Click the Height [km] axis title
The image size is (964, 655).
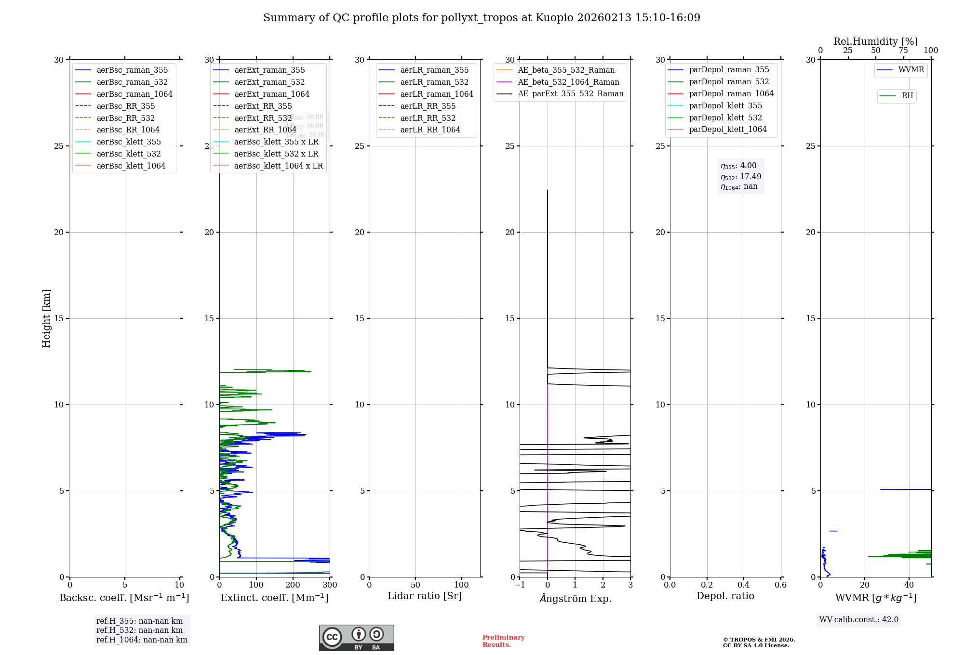point(46,318)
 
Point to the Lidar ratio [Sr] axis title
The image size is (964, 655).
point(425,596)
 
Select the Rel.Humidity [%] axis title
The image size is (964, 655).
point(875,41)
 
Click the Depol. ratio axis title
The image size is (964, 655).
point(725,596)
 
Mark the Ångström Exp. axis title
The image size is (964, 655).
point(575,599)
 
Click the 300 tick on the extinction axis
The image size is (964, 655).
point(330,585)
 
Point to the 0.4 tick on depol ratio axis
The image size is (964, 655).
point(744,585)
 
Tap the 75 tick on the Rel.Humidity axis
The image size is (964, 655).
point(903,51)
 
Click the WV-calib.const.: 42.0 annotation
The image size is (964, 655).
point(858,620)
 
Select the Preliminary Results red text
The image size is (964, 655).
point(503,641)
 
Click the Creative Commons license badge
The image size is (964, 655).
point(356,638)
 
